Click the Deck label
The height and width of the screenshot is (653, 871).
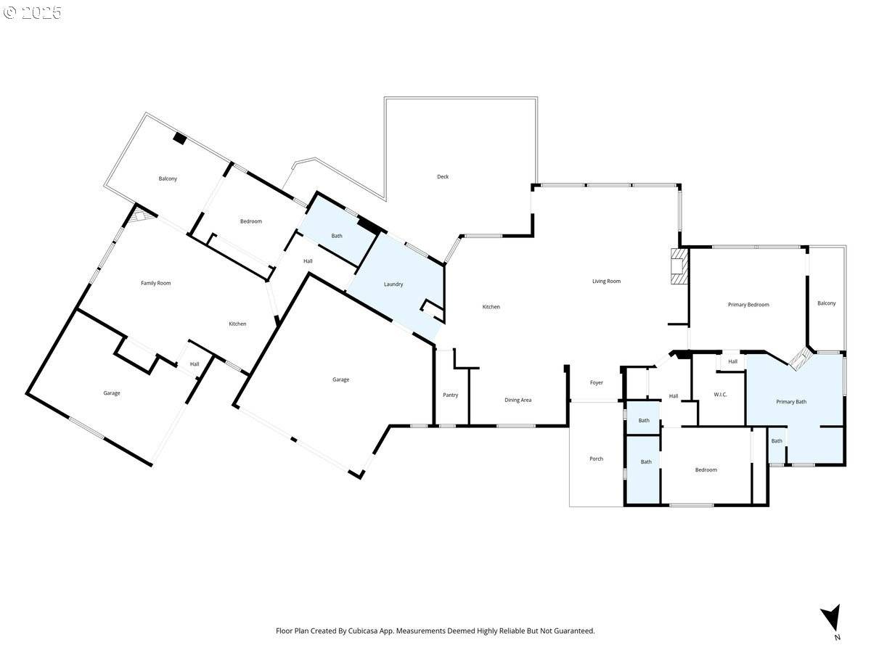(x=443, y=177)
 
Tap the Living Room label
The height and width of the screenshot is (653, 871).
(x=606, y=281)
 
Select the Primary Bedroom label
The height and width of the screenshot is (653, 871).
(x=748, y=305)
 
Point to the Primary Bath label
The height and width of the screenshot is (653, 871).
(x=791, y=402)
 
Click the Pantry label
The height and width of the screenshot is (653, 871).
(x=451, y=395)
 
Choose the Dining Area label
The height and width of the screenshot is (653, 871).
(x=518, y=400)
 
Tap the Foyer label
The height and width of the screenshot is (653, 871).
(x=597, y=382)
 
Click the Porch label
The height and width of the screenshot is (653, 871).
(x=596, y=459)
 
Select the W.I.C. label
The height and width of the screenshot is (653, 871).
(x=720, y=395)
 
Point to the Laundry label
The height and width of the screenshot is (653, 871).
(x=393, y=284)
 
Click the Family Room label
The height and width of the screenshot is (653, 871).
(x=155, y=283)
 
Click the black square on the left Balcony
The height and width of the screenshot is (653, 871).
(x=180, y=139)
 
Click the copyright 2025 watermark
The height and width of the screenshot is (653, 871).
(x=33, y=12)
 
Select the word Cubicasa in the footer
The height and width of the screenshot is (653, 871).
(x=363, y=631)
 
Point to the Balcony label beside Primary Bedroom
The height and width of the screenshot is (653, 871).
(x=826, y=303)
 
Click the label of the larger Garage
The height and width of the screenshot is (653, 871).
(x=340, y=379)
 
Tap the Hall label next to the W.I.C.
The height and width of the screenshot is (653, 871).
(x=732, y=361)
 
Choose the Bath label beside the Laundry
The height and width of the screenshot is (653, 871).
(x=337, y=236)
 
